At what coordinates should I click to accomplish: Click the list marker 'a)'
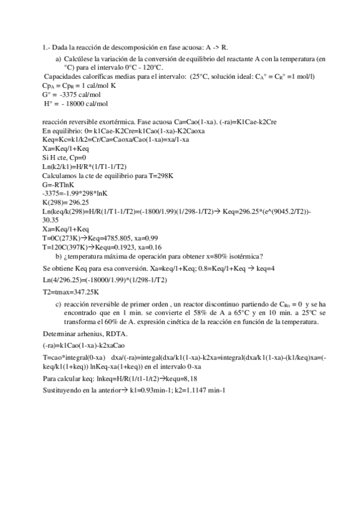point(58,60)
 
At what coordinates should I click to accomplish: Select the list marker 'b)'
point(58,256)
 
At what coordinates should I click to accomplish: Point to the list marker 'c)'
point(58,305)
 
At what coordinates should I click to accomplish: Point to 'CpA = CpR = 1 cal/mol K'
point(79,85)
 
